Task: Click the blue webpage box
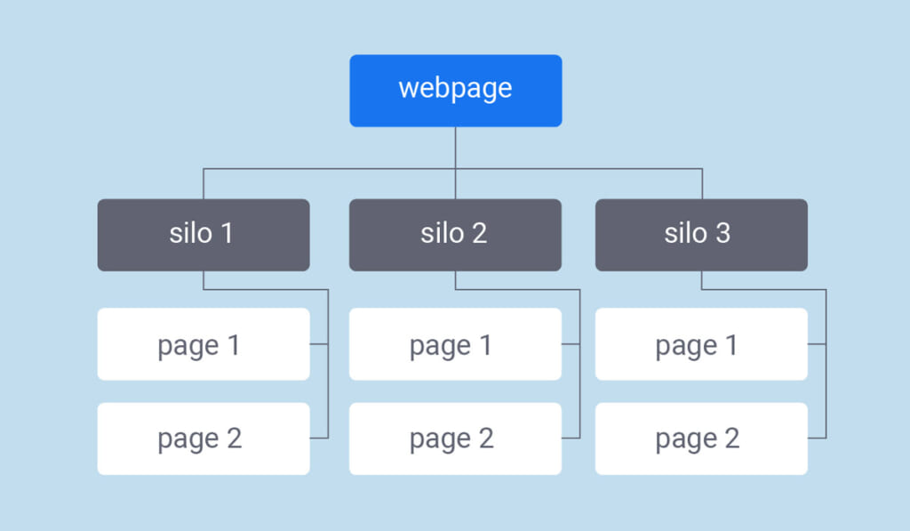pos(455,91)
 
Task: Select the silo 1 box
pos(204,235)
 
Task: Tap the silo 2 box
pos(455,235)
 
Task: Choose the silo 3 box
pos(701,235)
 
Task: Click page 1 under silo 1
pos(204,344)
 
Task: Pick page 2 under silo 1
pos(204,438)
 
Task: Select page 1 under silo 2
pos(455,344)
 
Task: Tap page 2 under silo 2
pos(455,438)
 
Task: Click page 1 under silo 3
pos(701,344)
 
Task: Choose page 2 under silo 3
pos(701,438)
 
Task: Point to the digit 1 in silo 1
pos(226,233)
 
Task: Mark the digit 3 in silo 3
pos(722,233)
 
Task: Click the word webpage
pos(455,89)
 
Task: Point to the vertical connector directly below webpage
pos(455,147)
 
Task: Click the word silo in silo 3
pos(685,233)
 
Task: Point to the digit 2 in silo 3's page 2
pos(731,438)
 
